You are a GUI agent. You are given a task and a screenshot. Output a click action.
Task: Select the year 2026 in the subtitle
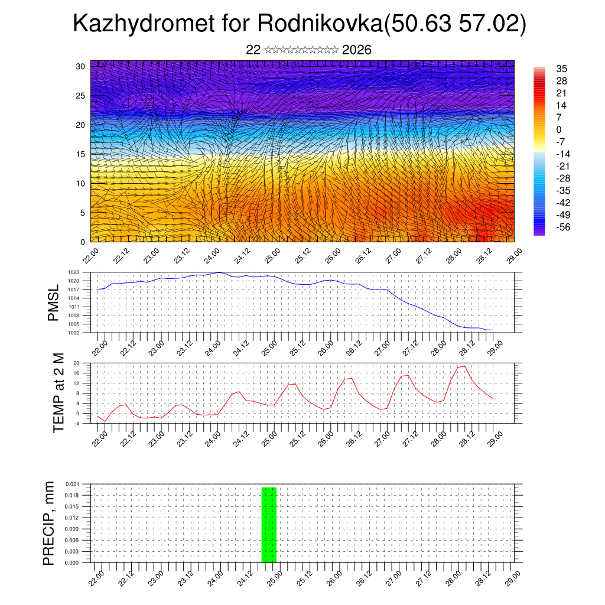tap(356, 50)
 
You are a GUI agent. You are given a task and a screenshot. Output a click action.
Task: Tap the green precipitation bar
tap(269, 525)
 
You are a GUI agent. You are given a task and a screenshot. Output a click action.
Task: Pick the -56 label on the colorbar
tap(562, 227)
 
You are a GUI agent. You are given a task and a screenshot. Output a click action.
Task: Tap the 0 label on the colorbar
tap(559, 129)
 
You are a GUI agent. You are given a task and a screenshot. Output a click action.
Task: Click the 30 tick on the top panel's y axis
tap(80, 66)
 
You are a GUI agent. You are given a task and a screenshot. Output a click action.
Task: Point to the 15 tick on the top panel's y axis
tap(80, 154)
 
